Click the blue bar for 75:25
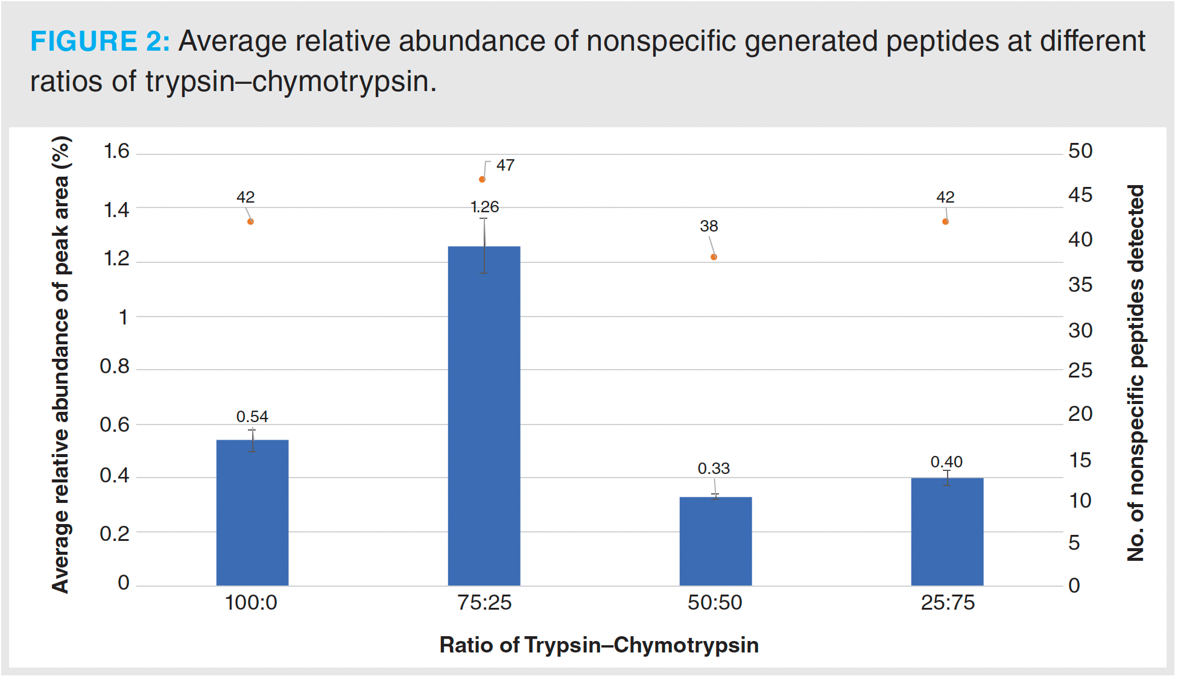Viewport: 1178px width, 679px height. click(x=484, y=416)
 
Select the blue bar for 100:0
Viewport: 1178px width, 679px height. click(x=252, y=513)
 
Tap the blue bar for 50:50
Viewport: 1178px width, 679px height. click(x=715, y=541)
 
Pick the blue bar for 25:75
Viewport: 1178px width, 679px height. click(x=947, y=531)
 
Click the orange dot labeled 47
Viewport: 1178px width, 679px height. click(x=482, y=179)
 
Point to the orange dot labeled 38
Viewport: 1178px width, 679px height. click(x=714, y=257)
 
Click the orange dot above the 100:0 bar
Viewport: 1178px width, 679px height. click(x=250, y=221)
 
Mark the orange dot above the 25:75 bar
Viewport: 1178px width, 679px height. click(x=945, y=221)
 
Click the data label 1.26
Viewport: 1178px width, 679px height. click(x=484, y=207)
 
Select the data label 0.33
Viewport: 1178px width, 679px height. click(x=714, y=469)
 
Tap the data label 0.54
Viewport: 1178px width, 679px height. click(x=252, y=417)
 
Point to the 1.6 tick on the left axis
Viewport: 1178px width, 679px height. click(x=116, y=151)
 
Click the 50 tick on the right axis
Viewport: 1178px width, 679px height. click(x=1080, y=151)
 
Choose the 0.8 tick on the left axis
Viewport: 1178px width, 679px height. click(x=115, y=366)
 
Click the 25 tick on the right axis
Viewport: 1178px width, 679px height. click(x=1080, y=370)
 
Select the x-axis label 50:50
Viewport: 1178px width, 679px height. click(x=715, y=602)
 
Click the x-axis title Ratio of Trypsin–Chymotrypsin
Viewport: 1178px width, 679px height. click(x=598, y=645)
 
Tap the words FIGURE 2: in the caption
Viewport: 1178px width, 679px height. click(x=100, y=42)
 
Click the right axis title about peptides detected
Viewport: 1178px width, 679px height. click(x=1136, y=373)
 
